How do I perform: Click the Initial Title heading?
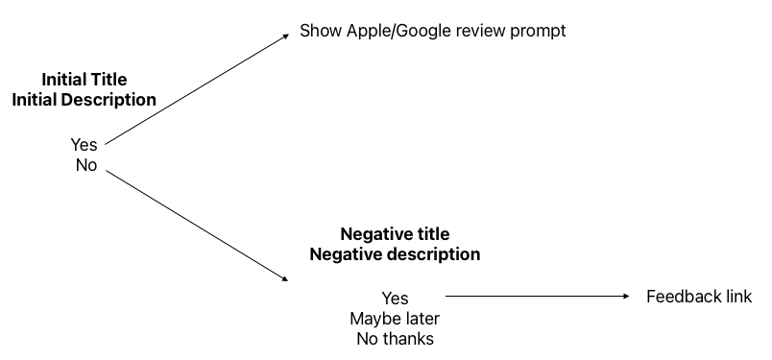pyautogui.click(x=84, y=80)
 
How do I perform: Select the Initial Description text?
pyautogui.click(x=84, y=99)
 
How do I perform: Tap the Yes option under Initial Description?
pyautogui.click(x=84, y=144)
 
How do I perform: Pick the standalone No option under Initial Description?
pyautogui.click(x=85, y=164)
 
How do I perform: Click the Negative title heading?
pyautogui.click(x=395, y=234)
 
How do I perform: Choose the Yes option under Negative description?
pyautogui.click(x=395, y=299)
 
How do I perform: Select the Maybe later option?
pyautogui.click(x=395, y=319)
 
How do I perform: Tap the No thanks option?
pyautogui.click(x=395, y=339)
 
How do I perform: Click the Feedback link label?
pyautogui.click(x=699, y=298)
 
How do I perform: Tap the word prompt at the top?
pyautogui.click(x=537, y=31)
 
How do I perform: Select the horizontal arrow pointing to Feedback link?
pyautogui.click(x=538, y=298)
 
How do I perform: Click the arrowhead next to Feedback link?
pyautogui.click(x=626, y=298)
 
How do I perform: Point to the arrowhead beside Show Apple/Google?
pyautogui.click(x=284, y=37)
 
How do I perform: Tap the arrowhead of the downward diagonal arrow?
pyautogui.click(x=284, y=277)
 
